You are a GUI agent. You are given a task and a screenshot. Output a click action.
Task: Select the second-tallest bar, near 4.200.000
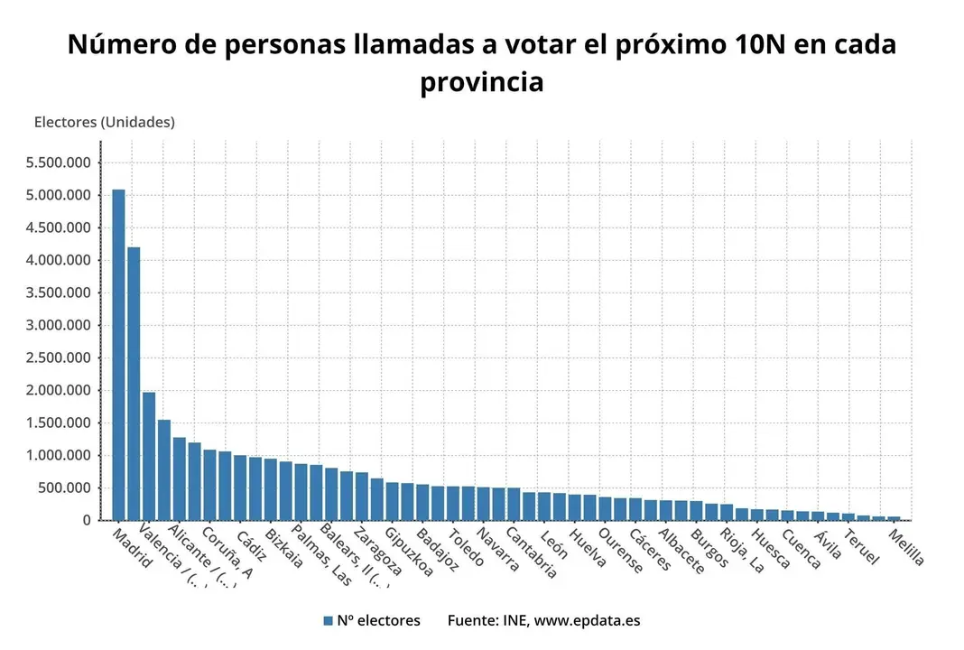(x=134, y=383)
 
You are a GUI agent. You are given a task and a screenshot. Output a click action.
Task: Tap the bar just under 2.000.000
(x=149, y=456)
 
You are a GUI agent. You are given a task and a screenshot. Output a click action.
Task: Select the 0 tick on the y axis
(x=87, y=520)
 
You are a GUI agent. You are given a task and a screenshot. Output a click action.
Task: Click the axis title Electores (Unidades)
(x=104, y=122)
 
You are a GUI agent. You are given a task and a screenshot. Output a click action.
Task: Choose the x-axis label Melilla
(x=906, y=548)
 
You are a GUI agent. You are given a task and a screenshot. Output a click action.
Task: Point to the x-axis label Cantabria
(x=532, y=552)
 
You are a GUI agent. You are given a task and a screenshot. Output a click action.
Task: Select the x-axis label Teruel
(x=861, y=547)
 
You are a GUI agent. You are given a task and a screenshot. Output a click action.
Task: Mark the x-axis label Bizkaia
(x=284, y=548)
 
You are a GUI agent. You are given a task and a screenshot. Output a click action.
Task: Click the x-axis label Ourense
(x=622, y=551)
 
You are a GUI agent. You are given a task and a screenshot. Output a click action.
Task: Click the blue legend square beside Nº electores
(x=329, y=621)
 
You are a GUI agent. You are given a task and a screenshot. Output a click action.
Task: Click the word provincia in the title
(x=481, y=82)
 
